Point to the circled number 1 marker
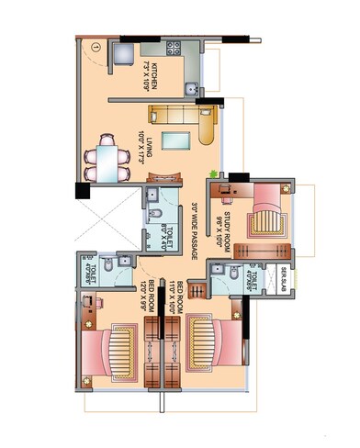tap(95, 45)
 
